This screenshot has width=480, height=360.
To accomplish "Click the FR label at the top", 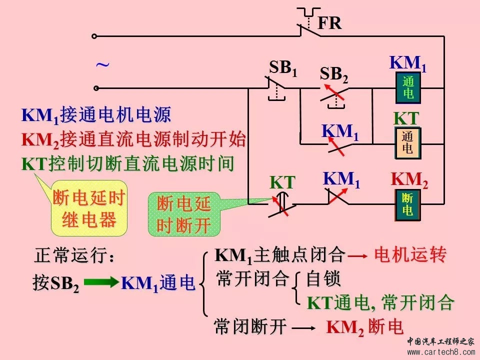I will coord(329,23).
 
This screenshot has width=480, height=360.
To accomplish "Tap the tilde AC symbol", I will coord(102,65).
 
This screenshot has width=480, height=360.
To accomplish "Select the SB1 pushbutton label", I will coord(283,68).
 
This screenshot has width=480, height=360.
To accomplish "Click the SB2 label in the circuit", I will coord(333,74).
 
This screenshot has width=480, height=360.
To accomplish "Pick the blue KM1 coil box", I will coord(407,87).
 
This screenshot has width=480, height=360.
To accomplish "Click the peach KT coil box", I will coord(407,143).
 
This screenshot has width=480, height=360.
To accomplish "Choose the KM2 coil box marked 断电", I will coord(407,204).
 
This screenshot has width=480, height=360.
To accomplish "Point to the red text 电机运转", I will coord(410,255).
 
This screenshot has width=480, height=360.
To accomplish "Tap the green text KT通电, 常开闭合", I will coord(380,302).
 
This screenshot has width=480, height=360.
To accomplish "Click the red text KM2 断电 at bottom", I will coord(364,327).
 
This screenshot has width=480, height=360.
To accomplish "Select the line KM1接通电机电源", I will coord(96,115).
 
